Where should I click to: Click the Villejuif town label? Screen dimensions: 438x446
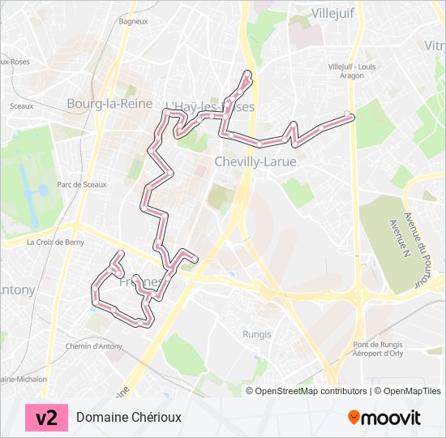click(x=334, y=12)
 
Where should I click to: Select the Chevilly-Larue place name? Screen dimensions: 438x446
click(x=255, y=161)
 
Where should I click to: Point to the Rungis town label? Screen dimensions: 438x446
click(x=257, y=334)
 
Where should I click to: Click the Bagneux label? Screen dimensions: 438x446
click(x=132, y=22)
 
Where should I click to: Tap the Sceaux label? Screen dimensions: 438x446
click(x=21, y=105)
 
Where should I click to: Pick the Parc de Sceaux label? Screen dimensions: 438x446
click(x=82, y=184)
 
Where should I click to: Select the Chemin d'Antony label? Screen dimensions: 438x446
click(x=93, y=346)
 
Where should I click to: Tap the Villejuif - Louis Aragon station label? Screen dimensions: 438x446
click(x=352, y=70)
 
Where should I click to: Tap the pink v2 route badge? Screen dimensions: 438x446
click(x=47, y=417)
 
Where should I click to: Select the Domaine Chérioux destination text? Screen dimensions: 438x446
click(x=129, y=417)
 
